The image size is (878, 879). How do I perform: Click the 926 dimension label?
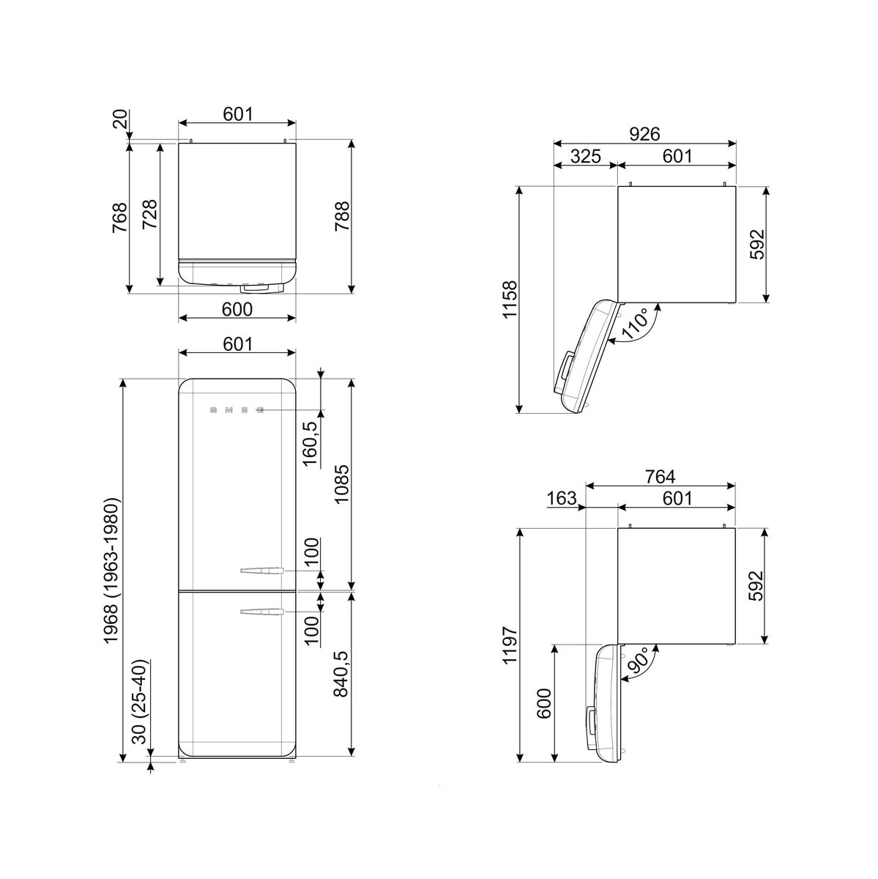tap(644, 134)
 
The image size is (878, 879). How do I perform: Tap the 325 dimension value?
tap(586, 157)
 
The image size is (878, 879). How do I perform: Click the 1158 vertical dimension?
tap(510, 300)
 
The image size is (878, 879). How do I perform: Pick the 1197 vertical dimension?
tap(510, 645)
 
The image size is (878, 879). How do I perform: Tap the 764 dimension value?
tap(660, 477)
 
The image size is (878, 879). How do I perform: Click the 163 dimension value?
tap(562, 498)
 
